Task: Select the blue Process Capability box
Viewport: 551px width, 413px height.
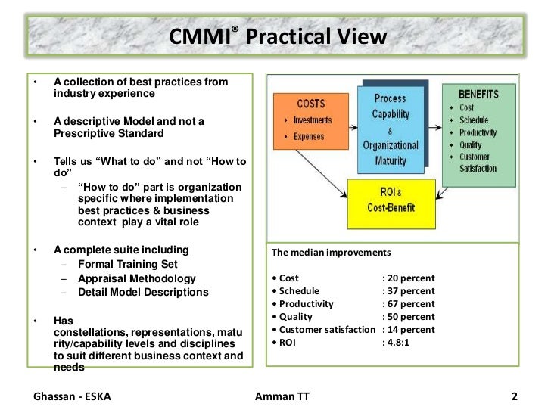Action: [391, 129]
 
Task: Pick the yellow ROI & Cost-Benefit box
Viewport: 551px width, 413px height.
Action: [391, 203]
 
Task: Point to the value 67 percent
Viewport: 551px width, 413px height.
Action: [409, 304]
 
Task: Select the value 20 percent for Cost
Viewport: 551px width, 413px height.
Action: [409, 278]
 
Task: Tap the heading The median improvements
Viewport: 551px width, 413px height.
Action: [331, 253]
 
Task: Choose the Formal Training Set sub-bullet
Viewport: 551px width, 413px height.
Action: [128, 264]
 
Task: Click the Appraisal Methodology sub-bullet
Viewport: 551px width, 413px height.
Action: [136, 278]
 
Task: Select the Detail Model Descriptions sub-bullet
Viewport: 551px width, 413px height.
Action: [143, 292]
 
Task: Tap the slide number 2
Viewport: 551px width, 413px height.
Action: [514, 396]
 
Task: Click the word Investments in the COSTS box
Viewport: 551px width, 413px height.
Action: [313, 121]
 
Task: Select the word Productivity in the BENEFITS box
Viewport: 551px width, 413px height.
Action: [478, 132]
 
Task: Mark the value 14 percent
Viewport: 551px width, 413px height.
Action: [409, 330]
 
